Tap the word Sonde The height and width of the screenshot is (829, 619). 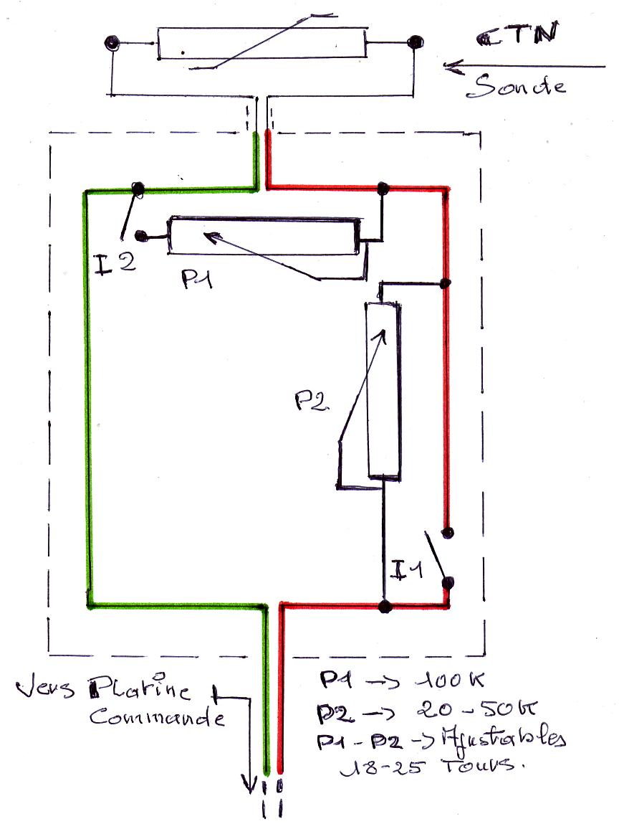coord(516,87)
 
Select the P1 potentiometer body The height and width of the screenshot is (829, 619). coord(263,236)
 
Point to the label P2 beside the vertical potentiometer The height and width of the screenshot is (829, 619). coord(312,401)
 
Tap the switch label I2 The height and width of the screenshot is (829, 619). coord(115,264)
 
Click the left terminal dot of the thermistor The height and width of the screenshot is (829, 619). coord(111,43)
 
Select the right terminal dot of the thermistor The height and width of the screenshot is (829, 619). coord(413,43)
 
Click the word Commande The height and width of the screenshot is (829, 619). coord(156,718)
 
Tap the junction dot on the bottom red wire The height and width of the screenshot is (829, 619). coord(385,607)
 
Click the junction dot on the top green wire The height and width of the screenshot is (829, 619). coord(138,189)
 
